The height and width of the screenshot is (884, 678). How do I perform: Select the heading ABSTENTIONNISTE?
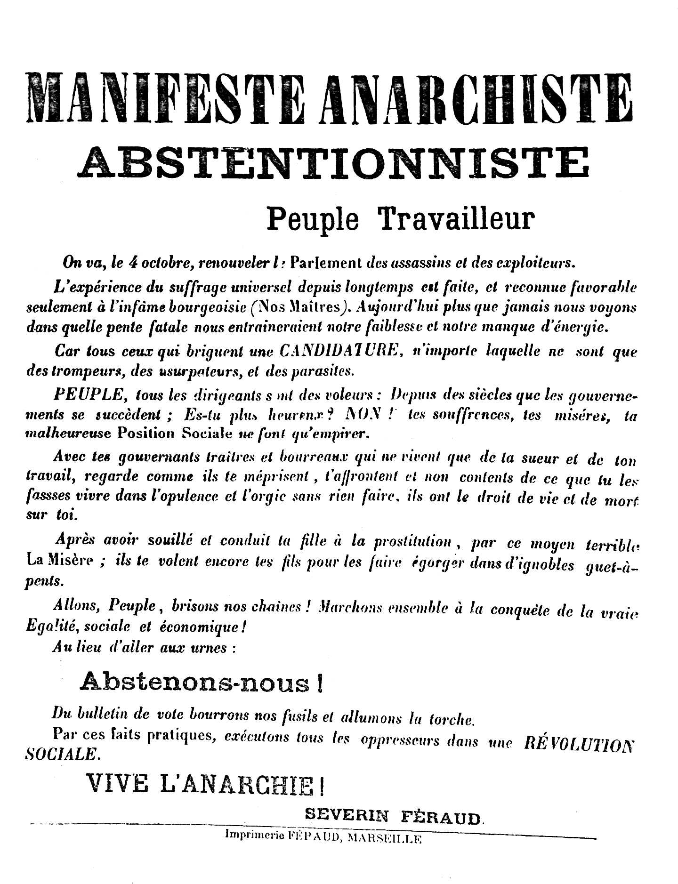335,162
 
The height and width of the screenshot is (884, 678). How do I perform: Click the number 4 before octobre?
132,262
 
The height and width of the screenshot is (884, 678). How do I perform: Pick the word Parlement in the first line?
325,262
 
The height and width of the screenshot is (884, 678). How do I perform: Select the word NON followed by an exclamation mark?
363,414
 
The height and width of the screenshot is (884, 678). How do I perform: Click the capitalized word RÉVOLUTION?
579,743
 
